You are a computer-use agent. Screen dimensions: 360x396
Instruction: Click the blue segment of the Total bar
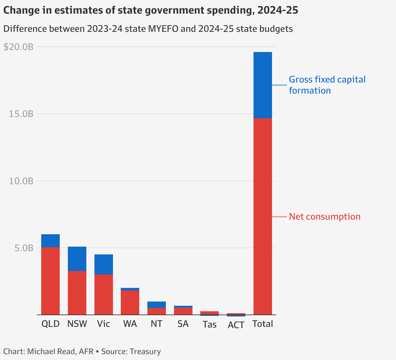tap(263, 85)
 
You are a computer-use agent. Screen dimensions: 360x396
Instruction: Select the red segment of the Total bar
tap(263, 216)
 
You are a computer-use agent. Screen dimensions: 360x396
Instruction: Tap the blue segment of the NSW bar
tap(77, 259)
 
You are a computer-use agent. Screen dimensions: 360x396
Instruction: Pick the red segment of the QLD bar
tap(50, 281)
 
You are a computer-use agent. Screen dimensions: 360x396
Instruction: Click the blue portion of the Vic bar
tap(104, 264)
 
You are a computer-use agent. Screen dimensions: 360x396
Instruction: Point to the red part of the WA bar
tap(130, 302)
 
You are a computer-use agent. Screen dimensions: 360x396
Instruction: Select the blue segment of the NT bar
tap(156, 304)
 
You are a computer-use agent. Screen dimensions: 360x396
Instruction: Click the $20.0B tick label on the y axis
tap(19, 47)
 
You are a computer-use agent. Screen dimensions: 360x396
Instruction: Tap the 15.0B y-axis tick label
tap(21, 114)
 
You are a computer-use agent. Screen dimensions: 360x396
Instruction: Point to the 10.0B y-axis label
tap(21, 181)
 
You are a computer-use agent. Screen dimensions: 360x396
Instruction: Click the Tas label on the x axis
tap(209, 325)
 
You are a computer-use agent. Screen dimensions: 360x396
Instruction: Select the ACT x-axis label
tap(236, 325)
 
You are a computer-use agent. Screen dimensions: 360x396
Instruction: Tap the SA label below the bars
tap(183, 324)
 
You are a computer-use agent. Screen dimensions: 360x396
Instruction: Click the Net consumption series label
tap(325, 217)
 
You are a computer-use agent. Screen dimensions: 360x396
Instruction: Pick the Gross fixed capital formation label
tap(327, 85)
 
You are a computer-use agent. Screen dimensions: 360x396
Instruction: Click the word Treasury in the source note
tap(145, 352)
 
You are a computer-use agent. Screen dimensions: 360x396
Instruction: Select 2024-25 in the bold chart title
tap(278, 10)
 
